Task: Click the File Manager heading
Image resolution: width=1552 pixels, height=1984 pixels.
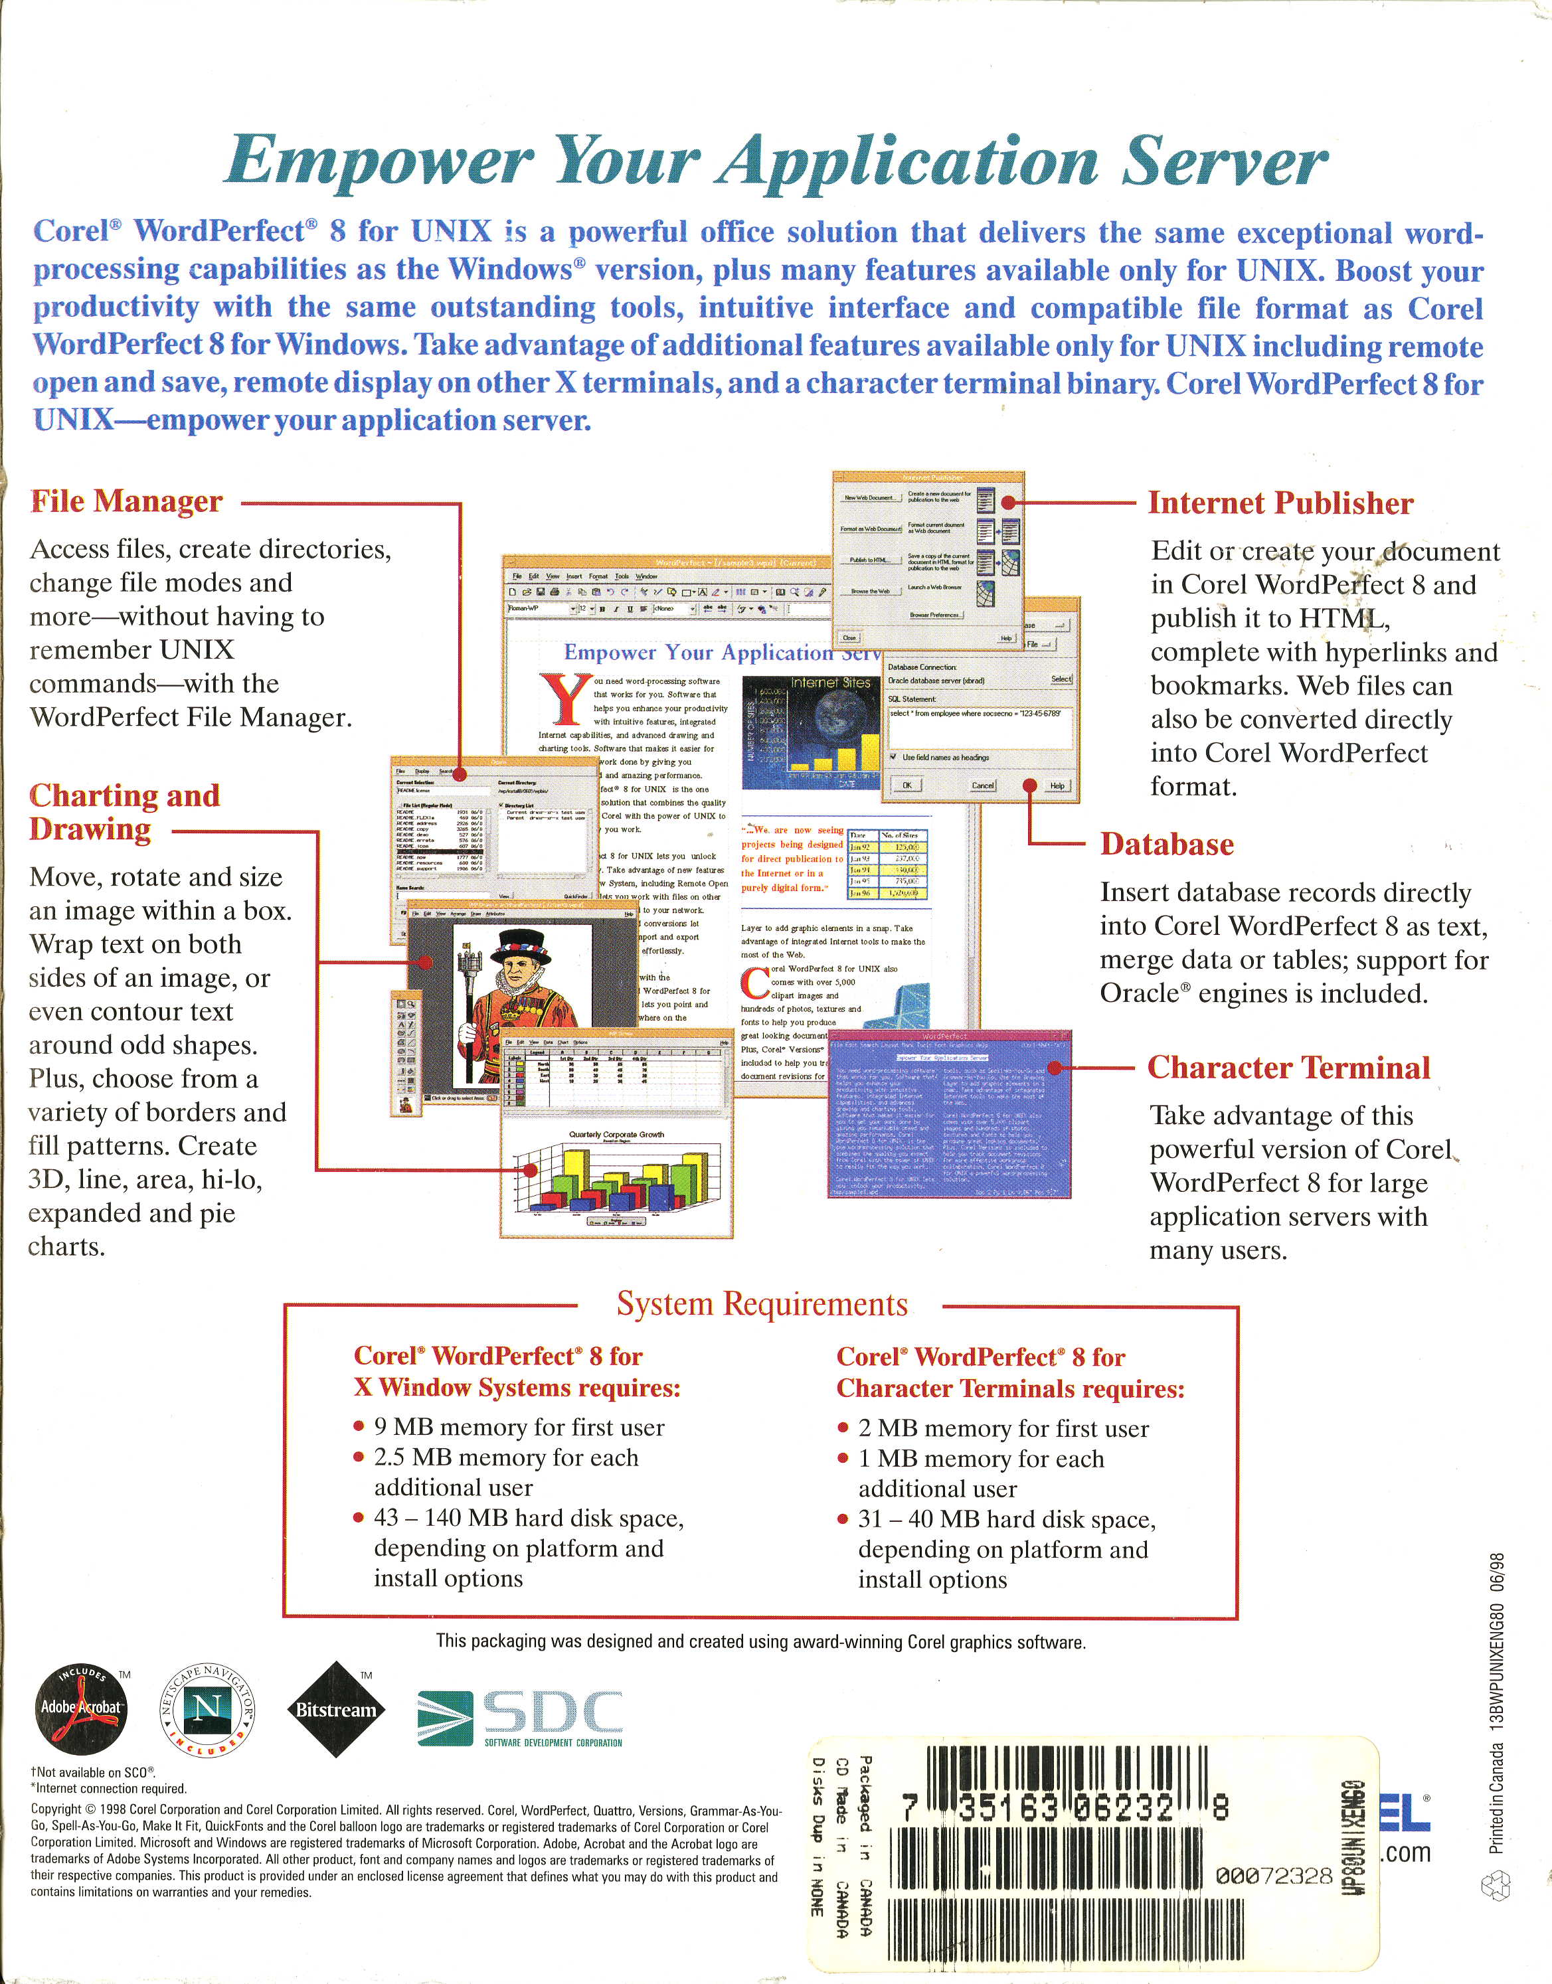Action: point(126,501)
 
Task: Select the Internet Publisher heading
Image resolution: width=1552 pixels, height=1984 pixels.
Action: point(1280,503)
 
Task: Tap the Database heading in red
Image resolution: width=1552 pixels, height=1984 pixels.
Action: point(1167,844)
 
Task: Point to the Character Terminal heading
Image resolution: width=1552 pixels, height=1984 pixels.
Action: point(1288,1068)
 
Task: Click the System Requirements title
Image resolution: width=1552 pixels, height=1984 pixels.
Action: point(762,1303)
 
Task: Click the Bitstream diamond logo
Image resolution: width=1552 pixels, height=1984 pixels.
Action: point(335,1710)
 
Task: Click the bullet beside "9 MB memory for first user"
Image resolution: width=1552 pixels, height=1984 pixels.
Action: point(359,1427)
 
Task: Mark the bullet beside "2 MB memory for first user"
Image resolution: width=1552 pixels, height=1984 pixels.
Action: point(843,1428)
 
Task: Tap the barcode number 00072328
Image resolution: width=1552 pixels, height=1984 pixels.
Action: point(1273,1876)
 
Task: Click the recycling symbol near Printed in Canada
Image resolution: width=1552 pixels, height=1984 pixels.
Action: point(1495,1886)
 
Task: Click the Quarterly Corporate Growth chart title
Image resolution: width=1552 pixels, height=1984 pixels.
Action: point(616,1135)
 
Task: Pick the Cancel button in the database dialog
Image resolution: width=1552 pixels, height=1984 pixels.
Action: point(982,785)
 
